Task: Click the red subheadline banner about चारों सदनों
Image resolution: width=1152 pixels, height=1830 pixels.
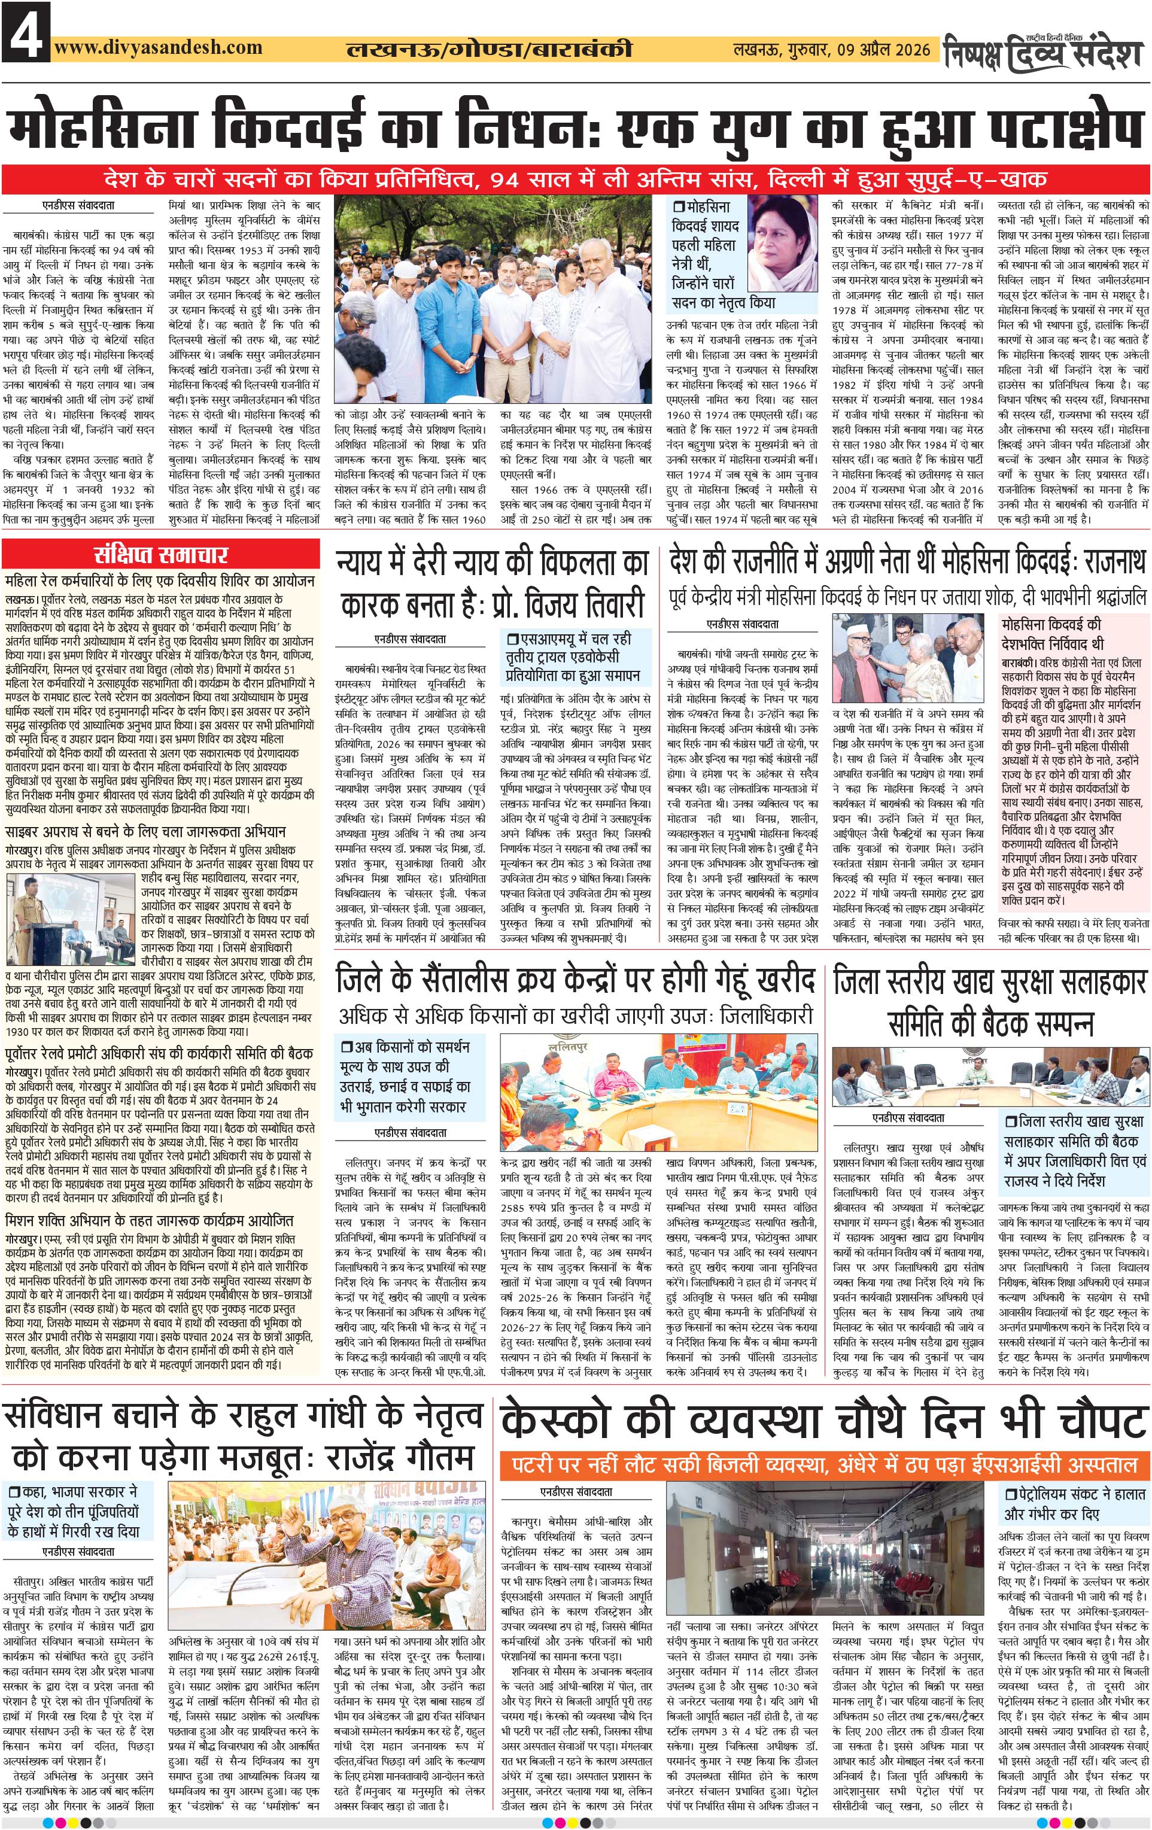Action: pos(576,180)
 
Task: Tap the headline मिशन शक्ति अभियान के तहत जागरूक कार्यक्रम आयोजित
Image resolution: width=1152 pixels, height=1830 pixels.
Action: pos(149,1221)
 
